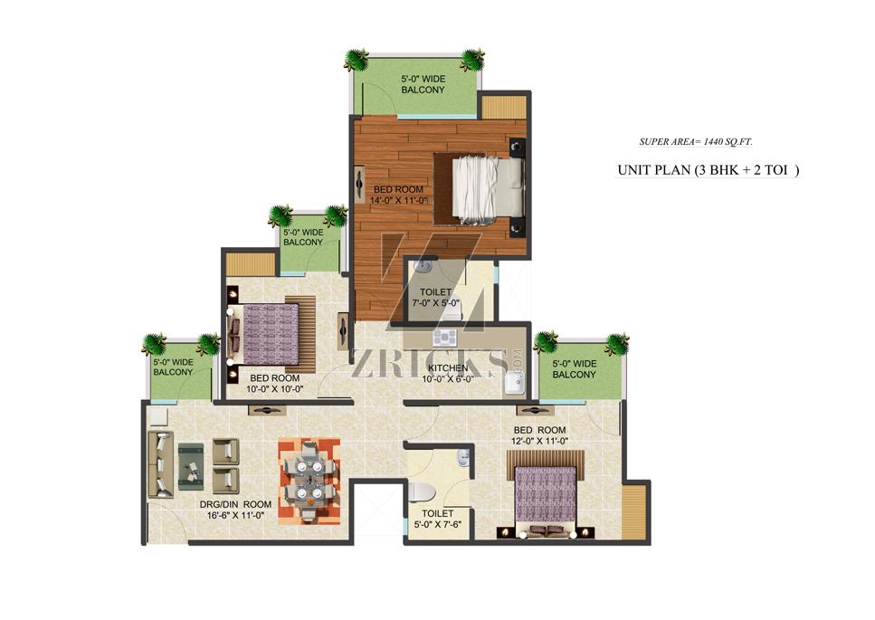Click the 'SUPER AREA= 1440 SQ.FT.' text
[696, 142]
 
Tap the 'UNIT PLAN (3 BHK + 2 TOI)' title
[709, 170]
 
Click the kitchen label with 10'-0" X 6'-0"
[448, 373]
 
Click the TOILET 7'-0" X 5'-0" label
[435, 298]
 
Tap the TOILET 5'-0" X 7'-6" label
[438, 519]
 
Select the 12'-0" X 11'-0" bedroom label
[539, 435]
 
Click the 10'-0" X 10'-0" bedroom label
[274, 384]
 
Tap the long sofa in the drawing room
[160, 464]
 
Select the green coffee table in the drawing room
[191, 466]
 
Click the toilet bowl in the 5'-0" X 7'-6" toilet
[422, 491]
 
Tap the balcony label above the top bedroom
[423, 84]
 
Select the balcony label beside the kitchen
[575, 369]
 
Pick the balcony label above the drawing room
[173, 367]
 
